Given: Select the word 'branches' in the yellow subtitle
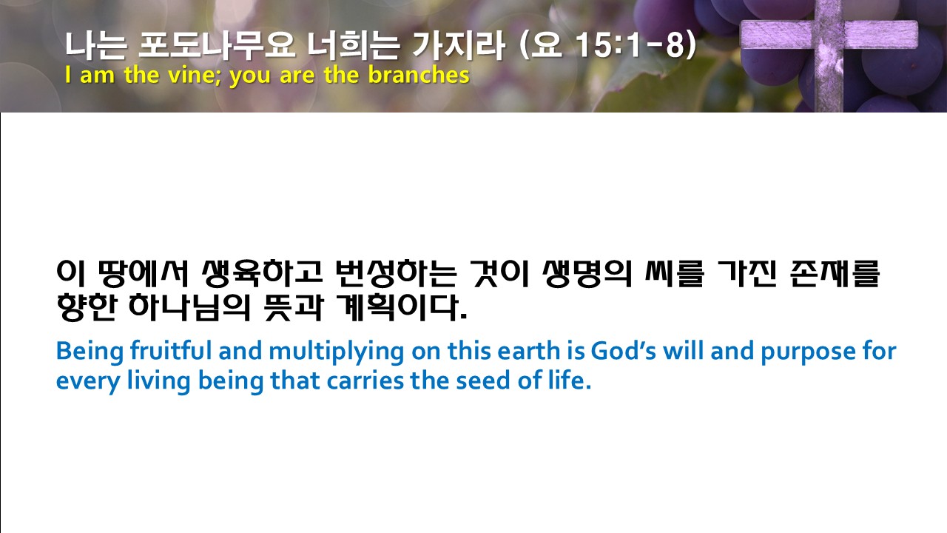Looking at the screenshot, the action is (419, 75).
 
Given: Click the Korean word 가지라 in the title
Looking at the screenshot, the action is (458, 45).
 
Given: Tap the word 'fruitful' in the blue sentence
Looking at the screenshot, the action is (171, 351).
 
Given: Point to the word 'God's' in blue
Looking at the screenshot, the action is (624, 351).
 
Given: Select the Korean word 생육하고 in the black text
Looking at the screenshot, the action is (262, 274).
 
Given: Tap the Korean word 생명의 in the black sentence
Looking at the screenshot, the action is (587, 274).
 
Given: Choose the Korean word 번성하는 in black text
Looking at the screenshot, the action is (396, 274).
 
